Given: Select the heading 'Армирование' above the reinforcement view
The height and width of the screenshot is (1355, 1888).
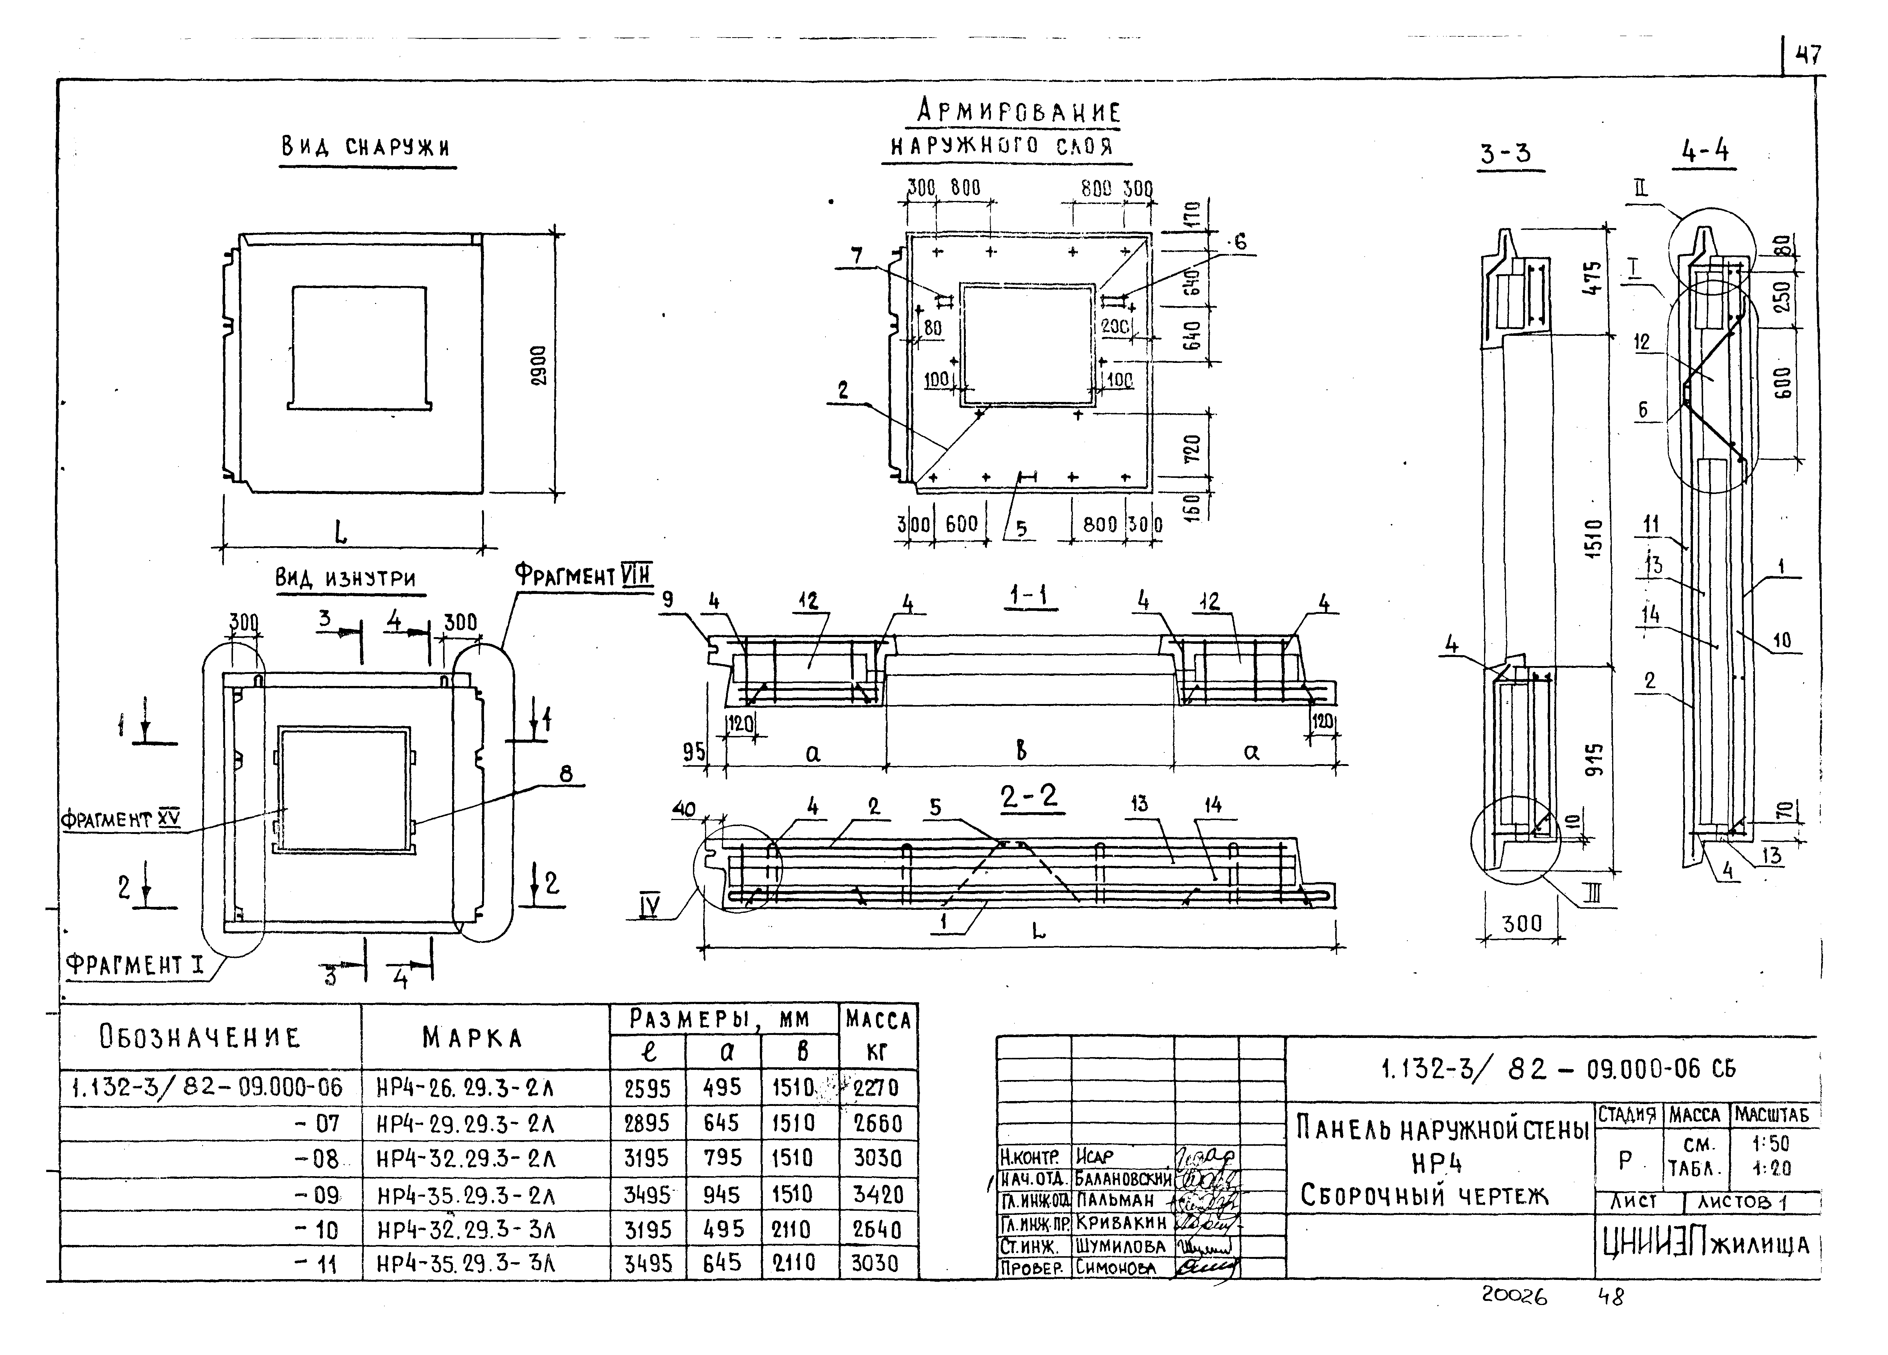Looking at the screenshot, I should (1018, 111).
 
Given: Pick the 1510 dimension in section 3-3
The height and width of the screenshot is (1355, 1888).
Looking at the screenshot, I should (1593, 538).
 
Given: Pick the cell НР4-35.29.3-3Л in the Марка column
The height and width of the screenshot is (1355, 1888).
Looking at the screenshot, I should (466, 1265).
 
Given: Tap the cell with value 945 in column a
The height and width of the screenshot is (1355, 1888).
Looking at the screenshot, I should (721, 1195).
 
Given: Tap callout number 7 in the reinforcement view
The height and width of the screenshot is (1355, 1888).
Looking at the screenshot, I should (858, 256).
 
